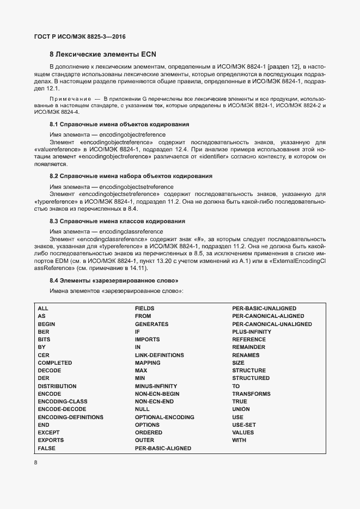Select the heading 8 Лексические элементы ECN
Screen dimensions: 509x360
(x=103, y=54)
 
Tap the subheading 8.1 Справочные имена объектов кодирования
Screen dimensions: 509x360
(x=119, y=125)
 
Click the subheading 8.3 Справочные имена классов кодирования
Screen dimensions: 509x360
(x=117, y=222)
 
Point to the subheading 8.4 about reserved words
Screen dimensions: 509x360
(x=114, y=280)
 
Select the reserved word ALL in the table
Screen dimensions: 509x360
(x=43, y=309)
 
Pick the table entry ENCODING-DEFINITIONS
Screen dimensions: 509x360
(x=70, y=418)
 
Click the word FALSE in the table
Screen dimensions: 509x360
(x=47, y=449)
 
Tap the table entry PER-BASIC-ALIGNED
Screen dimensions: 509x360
(x=163, y=449)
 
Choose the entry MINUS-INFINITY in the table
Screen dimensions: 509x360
(x=156, y=386)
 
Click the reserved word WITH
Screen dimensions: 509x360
(x=239, y=440)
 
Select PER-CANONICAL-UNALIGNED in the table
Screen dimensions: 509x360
(x=272, y=324)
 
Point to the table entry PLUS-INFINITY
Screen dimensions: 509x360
(x=252, y=332)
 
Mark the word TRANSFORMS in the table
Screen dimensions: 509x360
(x=251, y=394)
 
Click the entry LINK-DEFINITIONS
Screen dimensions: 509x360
(x=159, y=355)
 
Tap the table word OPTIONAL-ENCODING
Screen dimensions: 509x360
(x=164, y=418)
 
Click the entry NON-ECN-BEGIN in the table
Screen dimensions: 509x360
(x=157, y=394)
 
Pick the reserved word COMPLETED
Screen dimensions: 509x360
(x=54, y=363)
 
